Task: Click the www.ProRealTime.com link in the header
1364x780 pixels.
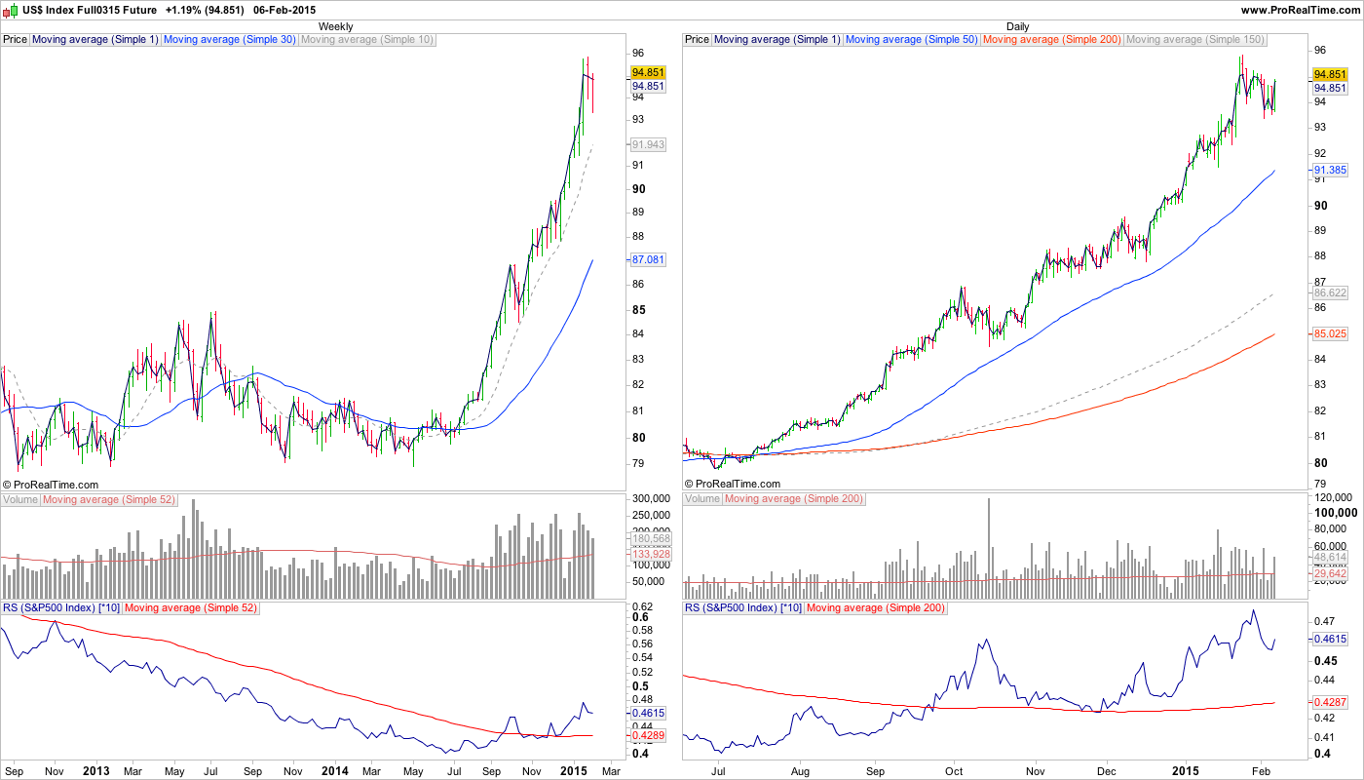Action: click(1301, 9)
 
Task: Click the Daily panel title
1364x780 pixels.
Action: click(1017, 26)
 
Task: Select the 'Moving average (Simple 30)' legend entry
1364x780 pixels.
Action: click(230, 40)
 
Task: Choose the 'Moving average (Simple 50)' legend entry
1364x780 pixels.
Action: click(912, 40)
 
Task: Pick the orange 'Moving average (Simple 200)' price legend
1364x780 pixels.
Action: click(1052, 40)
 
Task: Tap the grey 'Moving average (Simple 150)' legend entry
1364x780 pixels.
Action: click(1195, 40)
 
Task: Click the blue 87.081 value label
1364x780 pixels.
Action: click(648, 260)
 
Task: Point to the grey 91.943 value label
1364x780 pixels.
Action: click(648, 144)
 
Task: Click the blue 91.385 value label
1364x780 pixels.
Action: click(1330, 170)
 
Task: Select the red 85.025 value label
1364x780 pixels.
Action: click(1330, 333)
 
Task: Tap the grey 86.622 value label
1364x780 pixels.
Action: click(1330, 292)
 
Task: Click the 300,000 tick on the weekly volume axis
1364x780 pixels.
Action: click(650, 499)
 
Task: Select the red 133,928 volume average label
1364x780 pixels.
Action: click(648, 554)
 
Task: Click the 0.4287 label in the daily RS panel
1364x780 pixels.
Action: click(1330, 701)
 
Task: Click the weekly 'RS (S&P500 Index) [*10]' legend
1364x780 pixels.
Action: click(61, 607)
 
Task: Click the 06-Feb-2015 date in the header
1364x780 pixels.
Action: click(284, 9)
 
